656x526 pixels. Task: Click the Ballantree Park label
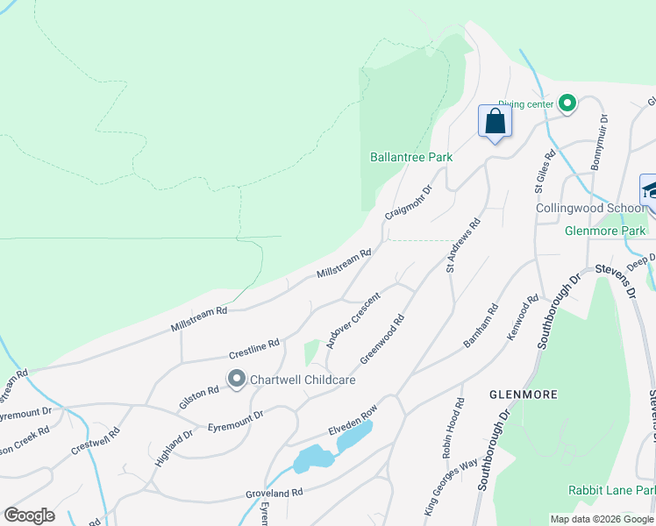click(410, 157)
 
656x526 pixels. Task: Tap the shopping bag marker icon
click(495, 121)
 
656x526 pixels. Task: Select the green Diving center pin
click(567, 104)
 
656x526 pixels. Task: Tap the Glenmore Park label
click(605, 231)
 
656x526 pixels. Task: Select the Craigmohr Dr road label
click(409, 203)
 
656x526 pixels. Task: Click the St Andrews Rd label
click(464, 245)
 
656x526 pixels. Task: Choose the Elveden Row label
click(353, 420)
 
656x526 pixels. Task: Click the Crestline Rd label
click(253, 349)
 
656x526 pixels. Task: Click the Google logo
click(29, 515)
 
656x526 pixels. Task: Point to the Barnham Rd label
click(481, 324)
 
